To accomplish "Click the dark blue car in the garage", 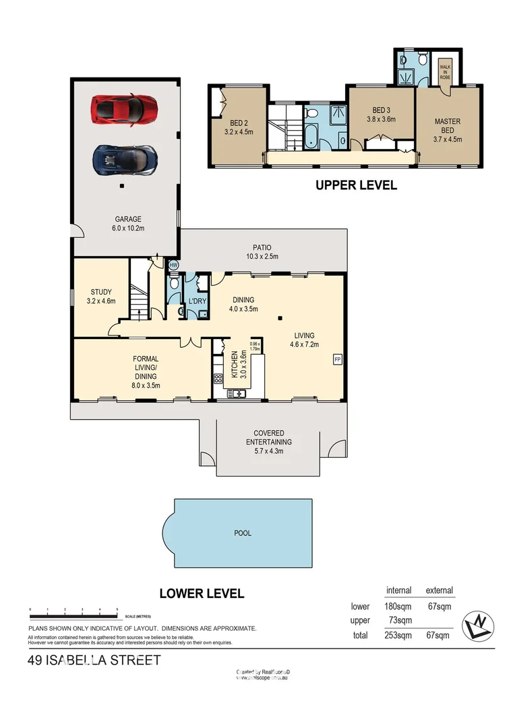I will click(125, 159).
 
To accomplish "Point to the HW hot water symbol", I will click(173, 266).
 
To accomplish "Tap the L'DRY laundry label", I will click(197, 301).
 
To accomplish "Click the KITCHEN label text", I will click(235, 365).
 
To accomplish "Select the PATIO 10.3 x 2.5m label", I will click(262, 251).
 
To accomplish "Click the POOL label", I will click(243, 533).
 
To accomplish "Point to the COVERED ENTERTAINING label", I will click(268, 437).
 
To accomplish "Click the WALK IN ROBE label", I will click(444, 71).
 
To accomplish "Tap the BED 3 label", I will click(380, 115).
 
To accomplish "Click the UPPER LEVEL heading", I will click(356, 185).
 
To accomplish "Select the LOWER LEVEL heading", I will click(202, 594).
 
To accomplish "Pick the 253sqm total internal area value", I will click(398, 635).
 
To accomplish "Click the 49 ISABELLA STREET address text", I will click(94, 661).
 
